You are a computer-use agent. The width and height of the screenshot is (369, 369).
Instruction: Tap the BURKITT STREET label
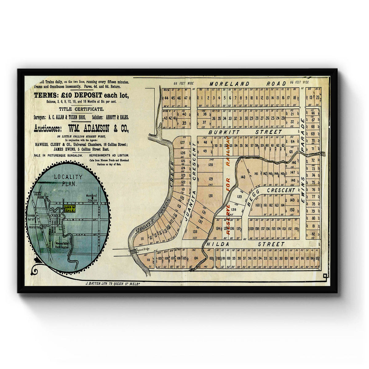pos(245,132)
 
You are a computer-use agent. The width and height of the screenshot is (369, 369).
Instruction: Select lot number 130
pos(210,196)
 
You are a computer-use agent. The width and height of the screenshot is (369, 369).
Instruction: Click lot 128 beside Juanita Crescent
pos(210,165)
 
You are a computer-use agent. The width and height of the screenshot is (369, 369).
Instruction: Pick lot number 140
pos(243,177)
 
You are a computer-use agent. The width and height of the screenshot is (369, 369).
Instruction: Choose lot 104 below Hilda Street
pos(196,258)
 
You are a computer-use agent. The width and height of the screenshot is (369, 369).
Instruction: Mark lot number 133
pos(195,232)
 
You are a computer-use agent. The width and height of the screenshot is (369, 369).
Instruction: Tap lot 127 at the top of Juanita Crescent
pos(182,142)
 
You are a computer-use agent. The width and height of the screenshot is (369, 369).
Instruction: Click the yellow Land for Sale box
pos(69,209)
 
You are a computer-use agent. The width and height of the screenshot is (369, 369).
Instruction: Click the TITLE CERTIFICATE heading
pos(81,109)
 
